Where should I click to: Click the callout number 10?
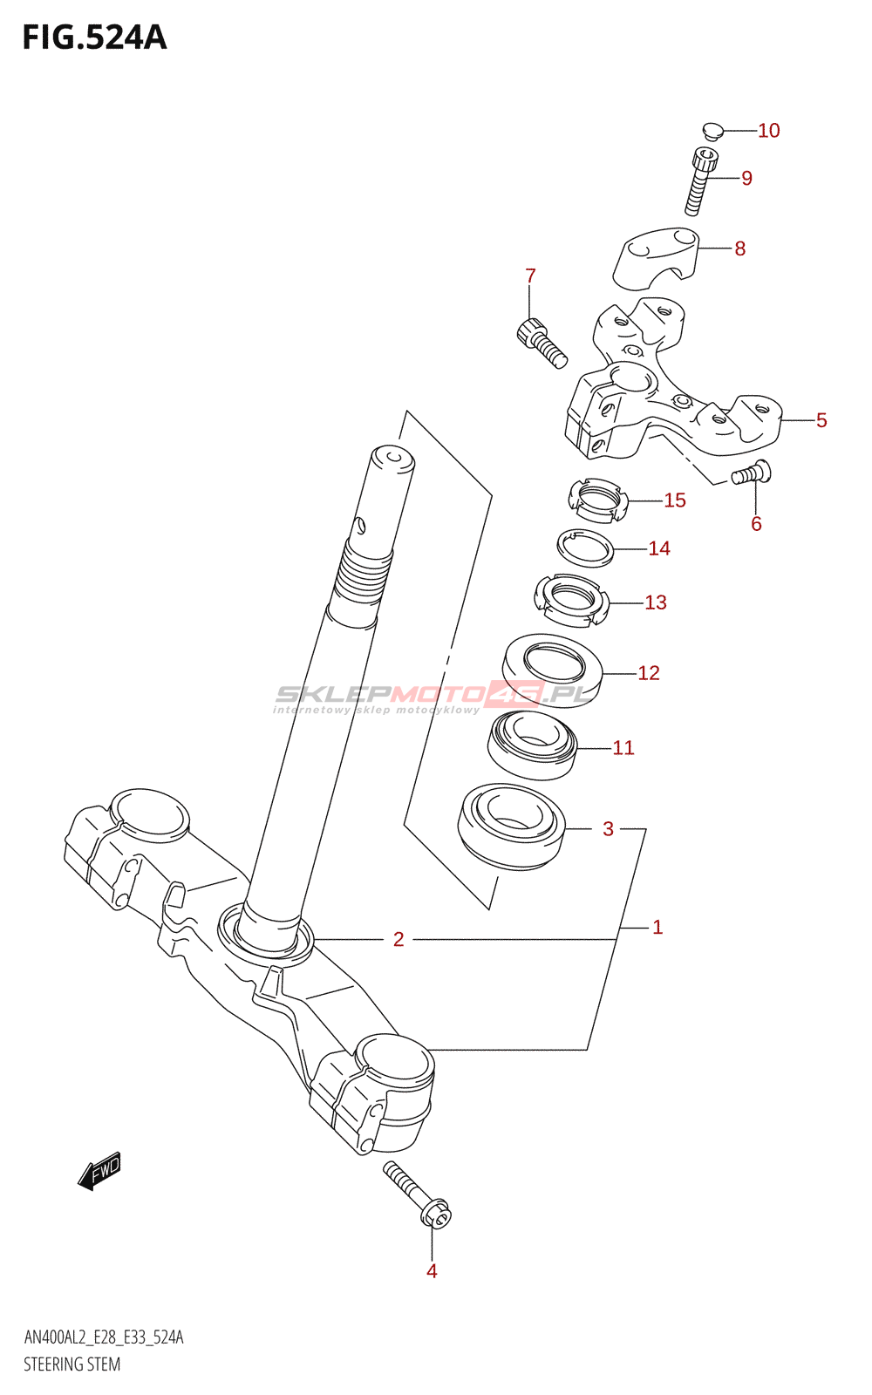(768, 131)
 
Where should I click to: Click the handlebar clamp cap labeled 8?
(657, 255)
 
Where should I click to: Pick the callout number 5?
(821, 420)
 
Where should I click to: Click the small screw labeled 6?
(750, 473)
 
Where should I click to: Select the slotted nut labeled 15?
(597, 500)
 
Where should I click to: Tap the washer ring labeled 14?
(586, 548)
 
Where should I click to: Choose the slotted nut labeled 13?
(570, 599)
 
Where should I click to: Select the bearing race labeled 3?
(512, 826)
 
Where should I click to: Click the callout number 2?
(399, 939)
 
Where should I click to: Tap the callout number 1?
(657, 927)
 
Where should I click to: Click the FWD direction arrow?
(99, 1171)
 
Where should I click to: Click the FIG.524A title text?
(94, 37)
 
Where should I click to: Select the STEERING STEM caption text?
(72, 1364)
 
